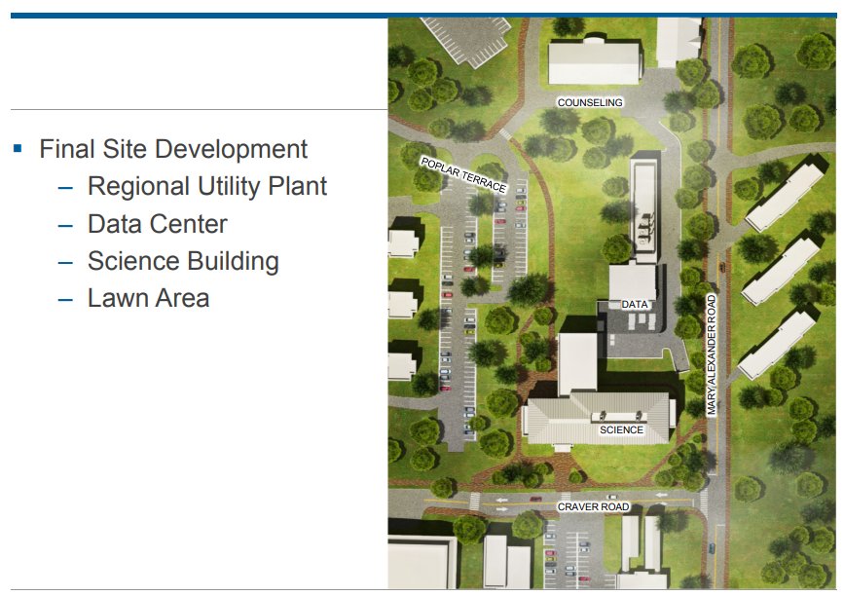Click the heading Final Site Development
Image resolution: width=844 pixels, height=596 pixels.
[x=173, y=149]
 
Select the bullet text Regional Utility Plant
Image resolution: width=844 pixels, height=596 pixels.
[x=206, y=186]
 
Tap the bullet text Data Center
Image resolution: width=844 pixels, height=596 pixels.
[x=157, y=224]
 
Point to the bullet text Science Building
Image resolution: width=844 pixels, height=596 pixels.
[x=183, y=261]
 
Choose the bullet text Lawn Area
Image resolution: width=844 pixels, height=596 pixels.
[x=148, y=298]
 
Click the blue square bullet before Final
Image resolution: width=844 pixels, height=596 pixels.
[x=18, y=149]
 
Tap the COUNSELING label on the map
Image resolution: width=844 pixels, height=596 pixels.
[x=589, y=102]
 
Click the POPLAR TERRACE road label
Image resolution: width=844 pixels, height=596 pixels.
[x=463, y=173]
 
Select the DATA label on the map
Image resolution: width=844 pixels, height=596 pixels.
[x=635, y=305]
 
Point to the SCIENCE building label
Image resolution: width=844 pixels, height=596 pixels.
[x=621, y=429]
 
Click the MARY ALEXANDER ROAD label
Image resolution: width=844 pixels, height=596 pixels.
[x=712, y=355]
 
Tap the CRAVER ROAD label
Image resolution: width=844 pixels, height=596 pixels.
[x=593, y=507]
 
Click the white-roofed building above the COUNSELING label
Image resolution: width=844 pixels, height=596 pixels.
[x=594, y=62]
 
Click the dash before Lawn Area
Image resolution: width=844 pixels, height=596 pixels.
[x=65, y=299]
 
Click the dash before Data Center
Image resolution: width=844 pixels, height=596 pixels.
[x=65, y=225]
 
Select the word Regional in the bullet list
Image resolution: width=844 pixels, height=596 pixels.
[x=137, y=186]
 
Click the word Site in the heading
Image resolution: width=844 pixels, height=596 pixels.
[x=127, y=149]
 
